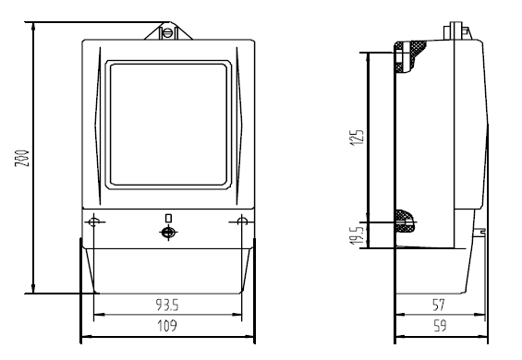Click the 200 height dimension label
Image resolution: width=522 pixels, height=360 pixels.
coord(22,159)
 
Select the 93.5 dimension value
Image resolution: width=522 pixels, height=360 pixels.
coord(167,305)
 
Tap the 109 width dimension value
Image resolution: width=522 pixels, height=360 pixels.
coord(167,326)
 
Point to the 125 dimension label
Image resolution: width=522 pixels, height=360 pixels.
coord(357,138)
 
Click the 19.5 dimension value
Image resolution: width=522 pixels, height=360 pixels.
coord(357,235)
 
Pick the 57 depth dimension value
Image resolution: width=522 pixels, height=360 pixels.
coord(439,305)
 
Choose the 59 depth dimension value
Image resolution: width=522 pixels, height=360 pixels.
coord(440,326)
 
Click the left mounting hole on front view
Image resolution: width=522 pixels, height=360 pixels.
coord(94,222)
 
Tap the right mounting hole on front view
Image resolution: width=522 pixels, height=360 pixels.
coord(242,222)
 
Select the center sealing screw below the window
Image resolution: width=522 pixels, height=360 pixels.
coord(168,233)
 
